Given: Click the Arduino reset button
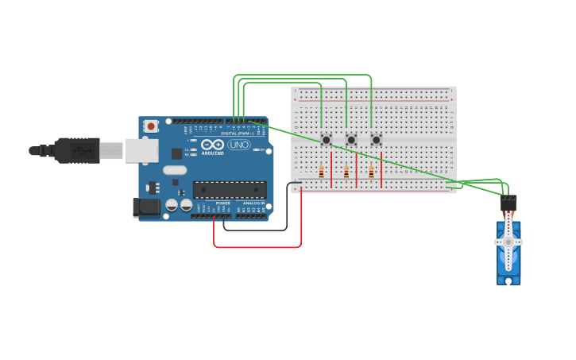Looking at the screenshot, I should (151, 126).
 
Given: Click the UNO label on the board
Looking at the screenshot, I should (239, 145).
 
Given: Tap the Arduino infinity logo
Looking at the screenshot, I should (212, 145).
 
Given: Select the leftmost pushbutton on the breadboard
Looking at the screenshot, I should (326, 140).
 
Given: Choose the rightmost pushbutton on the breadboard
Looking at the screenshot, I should (376, 140).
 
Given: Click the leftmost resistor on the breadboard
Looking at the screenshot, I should (321, 172).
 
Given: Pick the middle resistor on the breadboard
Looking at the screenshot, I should (346, 172).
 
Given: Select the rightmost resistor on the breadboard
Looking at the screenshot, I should (370, 172).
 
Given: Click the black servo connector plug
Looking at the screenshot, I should (508, 203).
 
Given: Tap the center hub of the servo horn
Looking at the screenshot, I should (508, 242).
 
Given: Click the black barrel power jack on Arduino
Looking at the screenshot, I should (145, 207).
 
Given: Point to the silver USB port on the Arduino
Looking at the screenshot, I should (142, 150).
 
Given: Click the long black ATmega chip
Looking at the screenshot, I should (230, 190).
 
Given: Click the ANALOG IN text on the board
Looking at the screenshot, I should (253, 203).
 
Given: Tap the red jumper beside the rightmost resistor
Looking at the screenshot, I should (381, 169).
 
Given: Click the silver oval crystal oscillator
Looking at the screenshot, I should (175, 169).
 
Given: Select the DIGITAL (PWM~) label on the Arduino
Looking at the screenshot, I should (238, 132).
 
